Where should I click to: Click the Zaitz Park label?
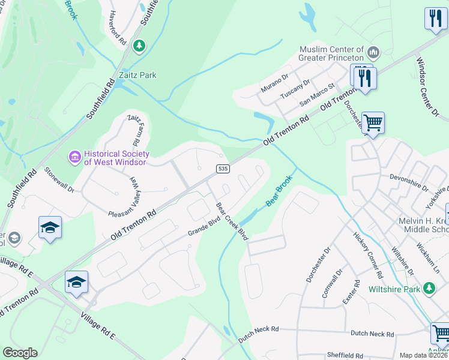point(137,75)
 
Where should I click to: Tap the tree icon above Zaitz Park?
point(139,46)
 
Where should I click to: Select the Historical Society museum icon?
point(75,157)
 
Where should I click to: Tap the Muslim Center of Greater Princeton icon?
point(373,53)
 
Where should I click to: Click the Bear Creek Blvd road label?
point(232,221)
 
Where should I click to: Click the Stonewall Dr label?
point(59,179)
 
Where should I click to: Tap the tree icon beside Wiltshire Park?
point(429,289)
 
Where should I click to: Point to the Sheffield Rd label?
point(344,355)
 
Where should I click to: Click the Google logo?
point(20,353)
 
